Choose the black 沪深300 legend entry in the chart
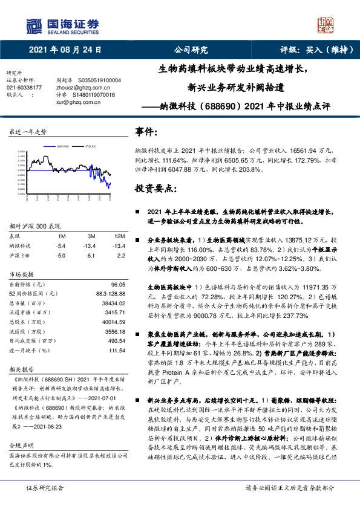pos(91,146)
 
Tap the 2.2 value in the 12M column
pos(120,255)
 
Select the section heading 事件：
pos(148,132)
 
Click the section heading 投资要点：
pos(156,189)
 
